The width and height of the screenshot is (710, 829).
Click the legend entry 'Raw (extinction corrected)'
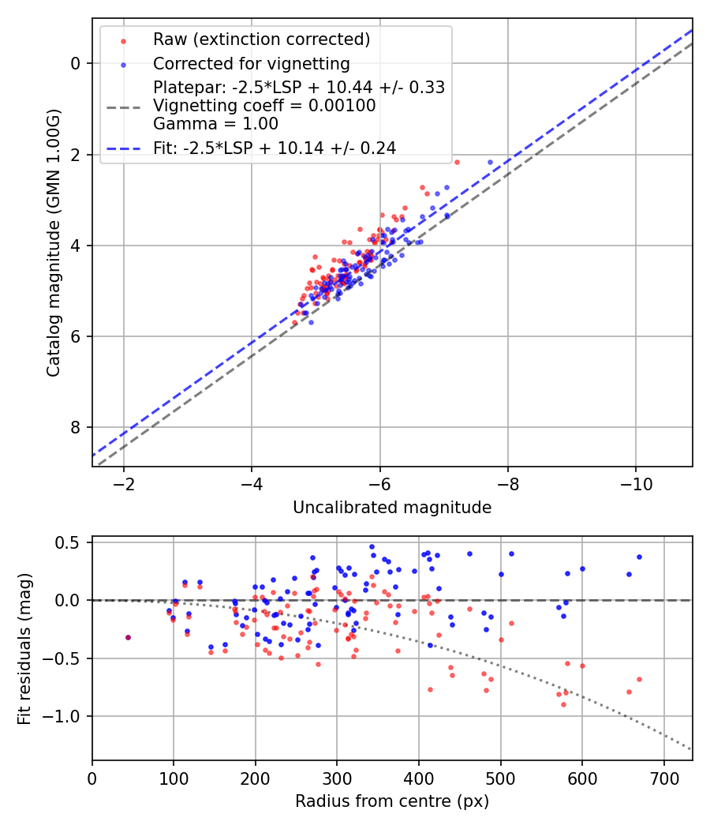(261, 39)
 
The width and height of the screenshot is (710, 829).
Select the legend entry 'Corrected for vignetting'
(252, 63)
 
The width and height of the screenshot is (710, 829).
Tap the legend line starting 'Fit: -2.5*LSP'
(275, 148)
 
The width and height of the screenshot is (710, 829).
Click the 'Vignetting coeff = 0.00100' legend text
(264, 106)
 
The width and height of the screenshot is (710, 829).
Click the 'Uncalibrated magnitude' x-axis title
(392, 508)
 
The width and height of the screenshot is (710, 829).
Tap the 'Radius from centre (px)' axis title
(392, 801)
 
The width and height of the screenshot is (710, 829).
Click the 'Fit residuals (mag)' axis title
(24, 648)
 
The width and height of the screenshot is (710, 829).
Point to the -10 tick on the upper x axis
(636, 482)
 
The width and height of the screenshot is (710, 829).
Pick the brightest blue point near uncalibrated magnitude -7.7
(490, 162)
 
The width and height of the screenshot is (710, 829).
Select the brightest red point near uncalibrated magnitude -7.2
(456, 162)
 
